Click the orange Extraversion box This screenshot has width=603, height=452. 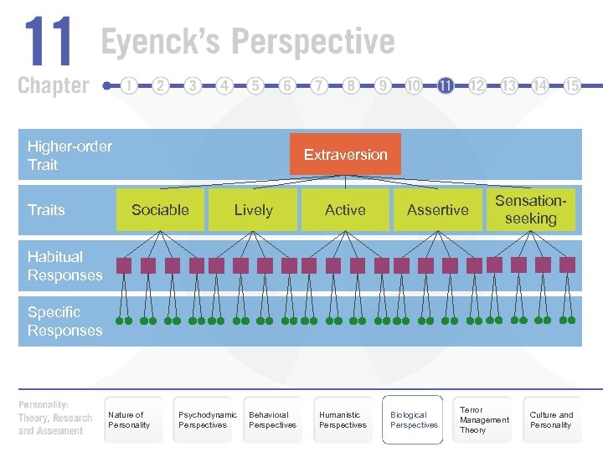point(345,154)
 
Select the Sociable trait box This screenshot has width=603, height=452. point(160,210)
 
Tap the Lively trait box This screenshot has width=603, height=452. point(253,210)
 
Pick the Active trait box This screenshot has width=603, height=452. point(345,210)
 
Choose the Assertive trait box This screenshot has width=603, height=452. point(437,210)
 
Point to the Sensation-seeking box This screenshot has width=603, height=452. point(530,209)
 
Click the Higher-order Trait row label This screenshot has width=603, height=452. point(70,156)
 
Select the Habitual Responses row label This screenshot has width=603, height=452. point(64,266)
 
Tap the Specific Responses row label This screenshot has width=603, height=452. point(64,321)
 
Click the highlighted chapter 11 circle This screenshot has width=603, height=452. point(446,85)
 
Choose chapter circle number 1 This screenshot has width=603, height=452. point(129,85)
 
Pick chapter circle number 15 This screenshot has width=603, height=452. point(572,85)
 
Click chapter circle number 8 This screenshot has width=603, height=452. point(351,85)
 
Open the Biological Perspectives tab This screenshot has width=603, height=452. point(413,419)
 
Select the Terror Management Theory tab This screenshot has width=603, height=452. point(483,419)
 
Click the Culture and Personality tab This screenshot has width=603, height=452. point(552,419)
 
